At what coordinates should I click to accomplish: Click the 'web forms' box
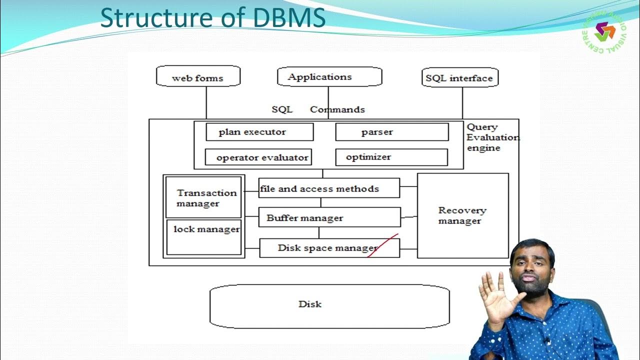198,77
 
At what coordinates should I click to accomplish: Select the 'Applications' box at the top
329,77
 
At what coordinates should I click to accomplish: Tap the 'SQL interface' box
459,78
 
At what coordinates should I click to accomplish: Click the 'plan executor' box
259,132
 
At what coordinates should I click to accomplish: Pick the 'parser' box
391,132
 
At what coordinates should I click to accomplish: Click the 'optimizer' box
391,157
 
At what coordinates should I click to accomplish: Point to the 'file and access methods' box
329,188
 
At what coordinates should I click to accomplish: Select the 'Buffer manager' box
329,217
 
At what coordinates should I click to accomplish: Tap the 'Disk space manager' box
329,248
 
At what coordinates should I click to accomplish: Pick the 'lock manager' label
206,229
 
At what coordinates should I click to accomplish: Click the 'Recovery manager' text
461,215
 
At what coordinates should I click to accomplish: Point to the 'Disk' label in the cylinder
310,304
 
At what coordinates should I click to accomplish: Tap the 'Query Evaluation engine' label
491,137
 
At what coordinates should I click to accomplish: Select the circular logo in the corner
606,31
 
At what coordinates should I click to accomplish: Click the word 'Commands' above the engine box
337,109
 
